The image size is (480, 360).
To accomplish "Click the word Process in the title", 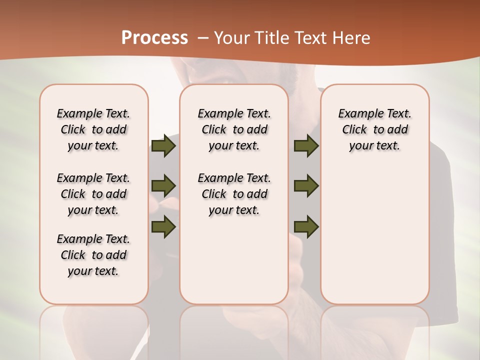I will click(x=154, y=38).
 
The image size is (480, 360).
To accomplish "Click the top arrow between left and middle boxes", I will click(x=163, y=145).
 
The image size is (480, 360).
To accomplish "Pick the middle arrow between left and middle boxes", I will click(x=163, y=186).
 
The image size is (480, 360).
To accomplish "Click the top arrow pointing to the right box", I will click(x=306, y=145).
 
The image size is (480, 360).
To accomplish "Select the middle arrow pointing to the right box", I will click(x=306, y=186).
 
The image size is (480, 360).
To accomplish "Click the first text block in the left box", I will click(x=93, y=129).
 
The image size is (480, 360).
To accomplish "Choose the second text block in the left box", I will click(x=93, y=194).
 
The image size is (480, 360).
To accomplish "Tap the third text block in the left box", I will click(x=93, y=255).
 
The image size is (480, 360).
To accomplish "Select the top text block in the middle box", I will click(x=234, y=129).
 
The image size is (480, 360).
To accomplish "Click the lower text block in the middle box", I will click(x=234, y=194).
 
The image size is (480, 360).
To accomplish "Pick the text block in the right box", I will click(x=374, y=129).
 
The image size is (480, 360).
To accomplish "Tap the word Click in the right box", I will click(x=354, y=130).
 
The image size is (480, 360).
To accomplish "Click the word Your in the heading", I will click(x=230, y=38).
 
